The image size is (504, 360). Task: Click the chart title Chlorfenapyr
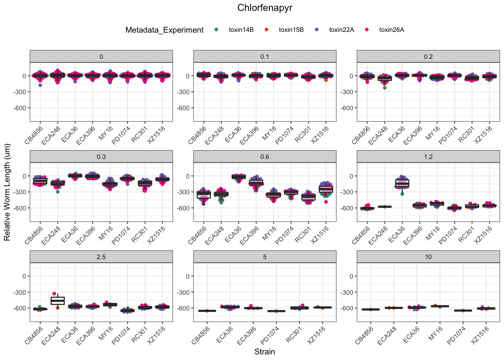click(265, 8)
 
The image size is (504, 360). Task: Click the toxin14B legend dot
click(216, 30)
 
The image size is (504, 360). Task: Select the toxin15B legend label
click(291, 30)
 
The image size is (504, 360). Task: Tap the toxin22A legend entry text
click(341, 30)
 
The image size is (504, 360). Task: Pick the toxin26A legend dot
click(367, 30)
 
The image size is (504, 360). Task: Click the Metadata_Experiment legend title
click(165, 30)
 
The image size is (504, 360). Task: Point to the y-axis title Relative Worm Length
click(7, 192)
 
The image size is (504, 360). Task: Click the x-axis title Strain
click(265, 352)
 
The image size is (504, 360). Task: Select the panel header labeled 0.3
click(101, 157)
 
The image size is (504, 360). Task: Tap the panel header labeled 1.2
click(428, 157)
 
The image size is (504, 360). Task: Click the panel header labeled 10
click(428, 257)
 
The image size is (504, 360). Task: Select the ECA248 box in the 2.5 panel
click(58, 301)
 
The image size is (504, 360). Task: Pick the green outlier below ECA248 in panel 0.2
click(385, 88)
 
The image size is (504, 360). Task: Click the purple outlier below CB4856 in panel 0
click(40, 85)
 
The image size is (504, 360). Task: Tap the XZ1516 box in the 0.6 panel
click(326, 189)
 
